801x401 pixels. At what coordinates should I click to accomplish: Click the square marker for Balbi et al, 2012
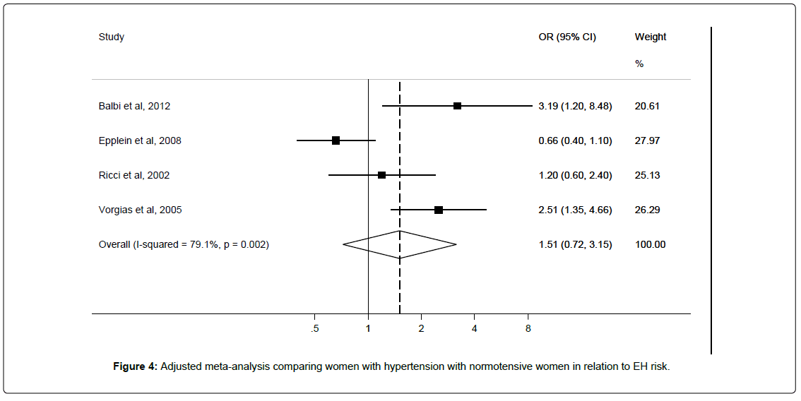457,106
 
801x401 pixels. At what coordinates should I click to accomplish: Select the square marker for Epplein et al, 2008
336,140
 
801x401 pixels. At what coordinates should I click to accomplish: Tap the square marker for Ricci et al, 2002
381,174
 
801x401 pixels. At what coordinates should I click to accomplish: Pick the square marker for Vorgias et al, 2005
439,210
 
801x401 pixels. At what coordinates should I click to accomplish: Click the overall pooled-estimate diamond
400,244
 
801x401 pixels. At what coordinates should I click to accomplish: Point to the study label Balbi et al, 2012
134,107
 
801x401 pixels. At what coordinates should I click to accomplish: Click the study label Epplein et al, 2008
140,140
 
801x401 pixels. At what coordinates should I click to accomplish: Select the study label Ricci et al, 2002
133,175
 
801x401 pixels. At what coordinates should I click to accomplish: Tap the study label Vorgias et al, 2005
140,210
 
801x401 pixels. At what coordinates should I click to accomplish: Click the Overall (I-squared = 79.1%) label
184,245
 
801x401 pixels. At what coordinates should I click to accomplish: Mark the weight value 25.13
647,175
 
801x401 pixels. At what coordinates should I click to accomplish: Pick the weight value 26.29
647,210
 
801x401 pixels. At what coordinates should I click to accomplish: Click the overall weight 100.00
651,245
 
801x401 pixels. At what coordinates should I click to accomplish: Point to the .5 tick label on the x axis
315,329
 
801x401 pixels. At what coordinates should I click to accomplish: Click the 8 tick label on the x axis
528,329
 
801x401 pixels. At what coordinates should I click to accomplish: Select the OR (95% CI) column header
567,37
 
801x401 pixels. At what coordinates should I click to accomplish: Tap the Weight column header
651,37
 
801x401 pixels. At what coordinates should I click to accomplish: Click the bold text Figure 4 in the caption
136,367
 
